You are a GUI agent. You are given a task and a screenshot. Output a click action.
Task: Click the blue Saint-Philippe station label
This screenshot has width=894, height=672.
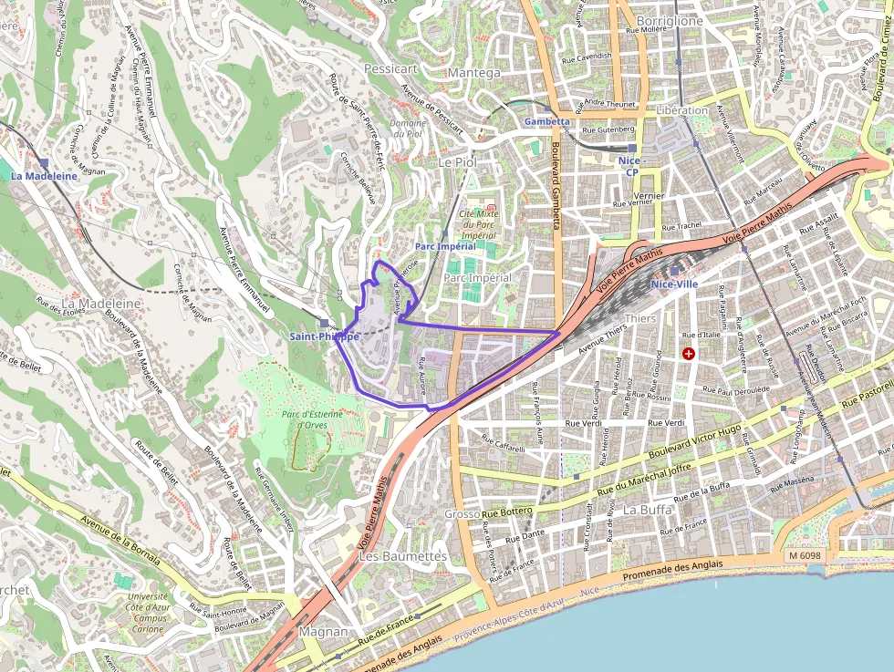pos(324,336)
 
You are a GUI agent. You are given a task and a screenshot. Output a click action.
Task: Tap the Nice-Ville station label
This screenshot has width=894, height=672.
pos(674,284)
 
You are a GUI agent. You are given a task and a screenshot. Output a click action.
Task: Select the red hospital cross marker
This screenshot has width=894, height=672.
pos(689,353)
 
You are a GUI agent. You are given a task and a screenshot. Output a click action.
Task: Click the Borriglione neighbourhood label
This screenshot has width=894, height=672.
pos(670,21)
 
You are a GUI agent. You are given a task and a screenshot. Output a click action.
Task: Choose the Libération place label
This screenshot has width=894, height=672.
pos(681,110)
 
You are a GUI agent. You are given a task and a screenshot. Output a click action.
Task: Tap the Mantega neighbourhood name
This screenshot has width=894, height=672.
pos(473,73)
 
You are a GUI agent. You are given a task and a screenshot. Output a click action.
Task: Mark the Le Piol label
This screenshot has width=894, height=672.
pos(458,161)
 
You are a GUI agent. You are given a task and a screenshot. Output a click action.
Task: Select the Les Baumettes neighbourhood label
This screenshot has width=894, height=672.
pos(403,555)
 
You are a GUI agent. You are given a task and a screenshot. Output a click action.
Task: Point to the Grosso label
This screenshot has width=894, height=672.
pos(462,514)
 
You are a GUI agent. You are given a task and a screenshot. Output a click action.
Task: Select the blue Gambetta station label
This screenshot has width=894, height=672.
pos(547,121)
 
